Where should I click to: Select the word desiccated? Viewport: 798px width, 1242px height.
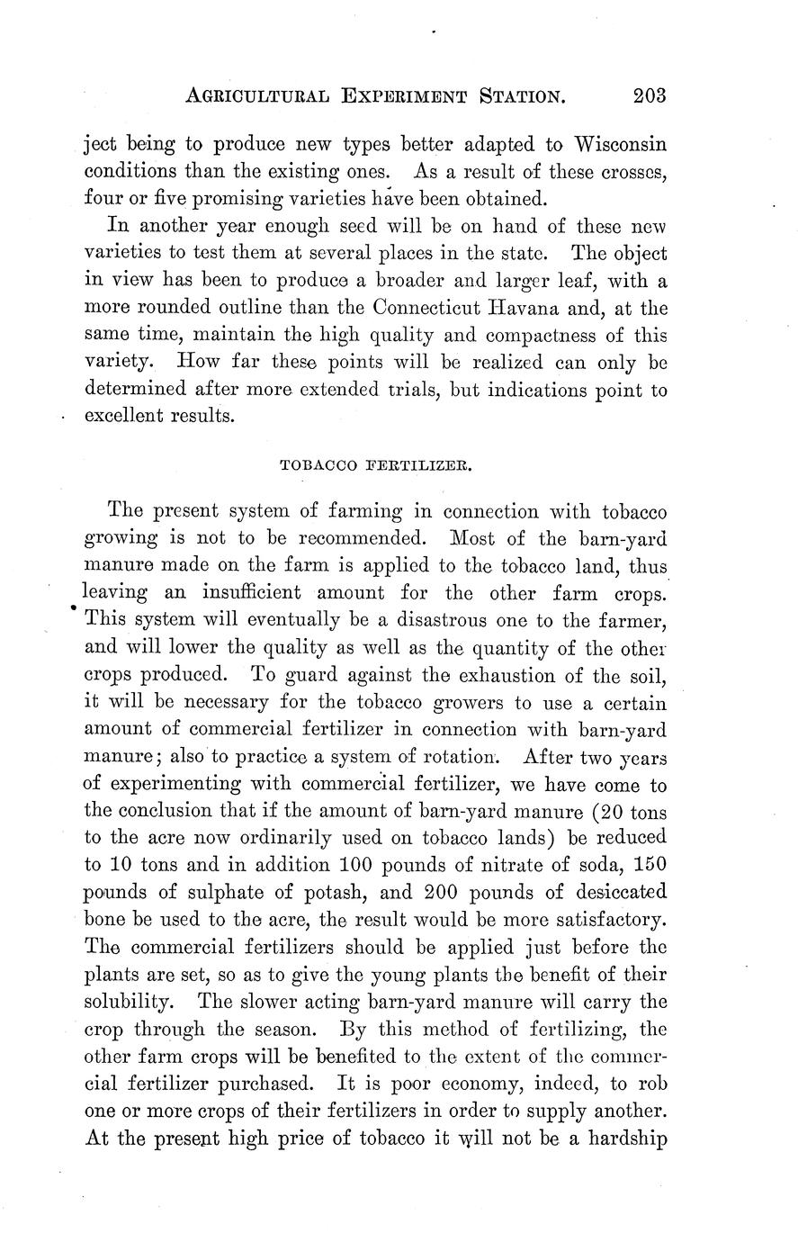(x=621, y=893)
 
